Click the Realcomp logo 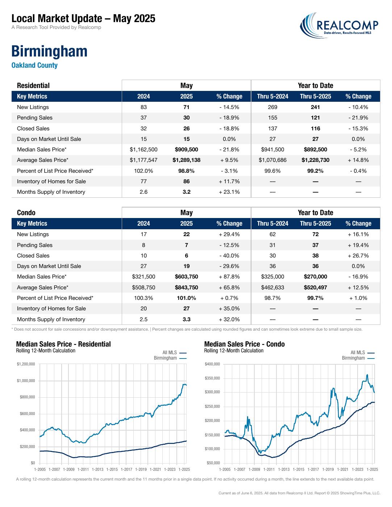coord(339,25)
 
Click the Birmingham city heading coord(49,51)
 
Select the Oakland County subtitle coord(34,65)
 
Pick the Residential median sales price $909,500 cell coord(187,150)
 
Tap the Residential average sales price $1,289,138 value coord(187,160)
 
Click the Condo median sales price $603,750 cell coord(187,277)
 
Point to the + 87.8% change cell coord(229,277)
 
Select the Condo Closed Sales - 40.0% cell coord(229,256)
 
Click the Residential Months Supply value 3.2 coord(187,192)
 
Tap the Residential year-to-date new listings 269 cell coord(272,107)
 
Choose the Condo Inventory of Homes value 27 coord(187,309)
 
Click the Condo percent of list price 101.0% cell coord(187,298)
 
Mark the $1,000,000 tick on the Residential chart coord(26,381)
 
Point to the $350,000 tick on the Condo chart coord(212,378)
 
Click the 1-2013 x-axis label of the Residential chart coord(97,469)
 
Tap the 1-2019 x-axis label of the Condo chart coord(328,469)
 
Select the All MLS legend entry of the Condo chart coord(362,352)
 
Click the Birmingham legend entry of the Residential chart coord(170,358)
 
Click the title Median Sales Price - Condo coord(244,344)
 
